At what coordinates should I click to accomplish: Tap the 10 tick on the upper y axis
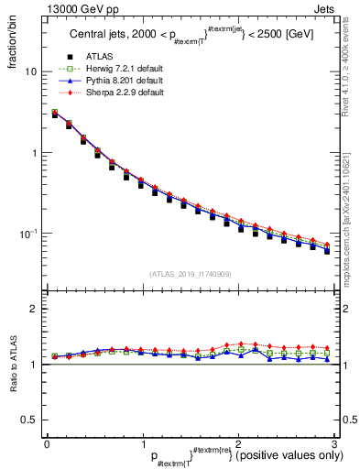click(30, 71)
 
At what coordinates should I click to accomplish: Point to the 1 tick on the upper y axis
click(34, 153)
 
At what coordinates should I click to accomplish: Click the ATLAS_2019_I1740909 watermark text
click(190, 274)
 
